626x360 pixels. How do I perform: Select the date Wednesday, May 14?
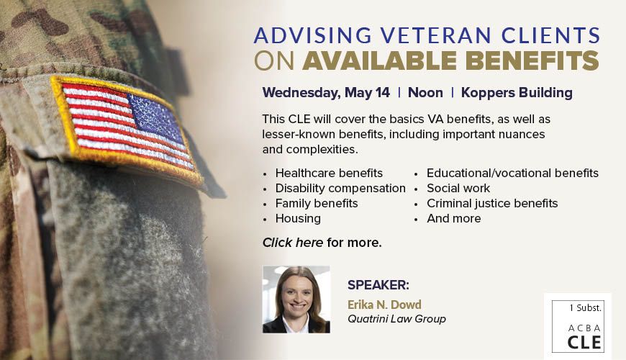326,93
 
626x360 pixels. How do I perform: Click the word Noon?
425,93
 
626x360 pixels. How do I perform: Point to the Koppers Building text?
517,93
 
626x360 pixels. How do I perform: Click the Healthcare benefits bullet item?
329,173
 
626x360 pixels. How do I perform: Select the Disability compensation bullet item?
340,188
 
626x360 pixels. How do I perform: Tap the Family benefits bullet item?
317,203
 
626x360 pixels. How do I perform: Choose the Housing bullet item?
298,219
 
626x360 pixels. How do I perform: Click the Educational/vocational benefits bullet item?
512,173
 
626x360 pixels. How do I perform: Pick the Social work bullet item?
458,188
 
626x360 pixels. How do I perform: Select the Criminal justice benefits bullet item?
492,203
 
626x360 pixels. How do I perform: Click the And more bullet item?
454,219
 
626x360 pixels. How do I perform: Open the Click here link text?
293,243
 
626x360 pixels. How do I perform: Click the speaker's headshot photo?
296,300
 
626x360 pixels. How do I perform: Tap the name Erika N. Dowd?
384,305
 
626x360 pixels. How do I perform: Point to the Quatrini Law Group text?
396,319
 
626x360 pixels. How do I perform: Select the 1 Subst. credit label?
585,307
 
